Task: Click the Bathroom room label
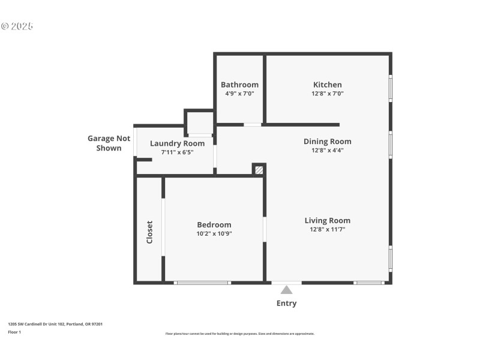239,85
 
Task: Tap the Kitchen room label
328,85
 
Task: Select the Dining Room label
328,142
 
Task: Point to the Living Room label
328,220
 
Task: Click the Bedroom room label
214,225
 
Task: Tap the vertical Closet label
149,232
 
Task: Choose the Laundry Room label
177,143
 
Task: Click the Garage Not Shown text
109,143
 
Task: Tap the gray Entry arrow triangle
287,290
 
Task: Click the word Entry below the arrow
287,303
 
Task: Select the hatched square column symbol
259,170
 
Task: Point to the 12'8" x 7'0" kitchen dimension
328,94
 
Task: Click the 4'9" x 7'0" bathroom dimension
239,94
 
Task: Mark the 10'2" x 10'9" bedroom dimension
214,233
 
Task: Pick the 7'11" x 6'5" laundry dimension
177,152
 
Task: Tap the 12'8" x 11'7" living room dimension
328,229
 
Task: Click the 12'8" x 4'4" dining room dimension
328,151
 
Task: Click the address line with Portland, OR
55,324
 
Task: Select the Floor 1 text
14,332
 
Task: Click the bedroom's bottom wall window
202,282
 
